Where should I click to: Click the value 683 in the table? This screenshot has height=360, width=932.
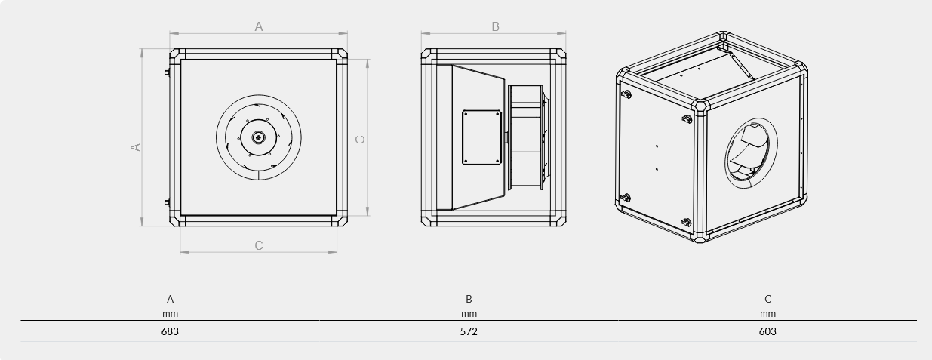click(x=170, y=331)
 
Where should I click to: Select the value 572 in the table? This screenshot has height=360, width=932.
click(x=469, y=331)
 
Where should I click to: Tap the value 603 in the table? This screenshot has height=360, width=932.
click(x=767, y=331)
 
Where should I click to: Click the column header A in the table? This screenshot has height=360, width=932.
click(x=170, y=299)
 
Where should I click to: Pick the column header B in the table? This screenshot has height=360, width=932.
click(x=469, y=299)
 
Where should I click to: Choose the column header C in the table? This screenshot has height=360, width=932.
click(x=767, y=299)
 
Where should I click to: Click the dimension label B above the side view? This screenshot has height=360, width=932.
click(x=495, y=26)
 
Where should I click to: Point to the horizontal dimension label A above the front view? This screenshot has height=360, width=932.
click(x=258, y=26)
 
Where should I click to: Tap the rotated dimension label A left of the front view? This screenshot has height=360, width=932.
click(x=136, y=147)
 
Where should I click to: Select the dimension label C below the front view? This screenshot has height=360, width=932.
click(x=258, y=245)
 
